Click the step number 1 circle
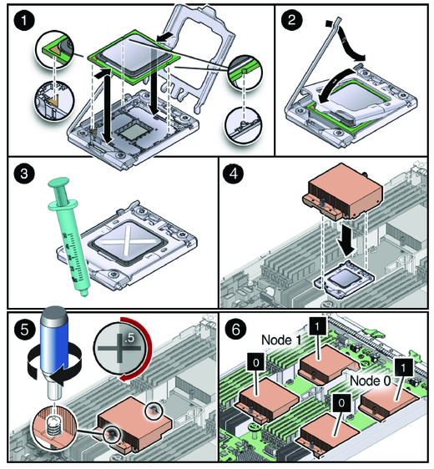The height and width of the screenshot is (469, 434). [24, 21]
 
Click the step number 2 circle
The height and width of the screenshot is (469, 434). [291, 20]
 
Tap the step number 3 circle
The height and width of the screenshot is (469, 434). [24, 174]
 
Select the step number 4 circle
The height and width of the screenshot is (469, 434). [234, 174]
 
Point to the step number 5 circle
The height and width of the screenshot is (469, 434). [24, 330]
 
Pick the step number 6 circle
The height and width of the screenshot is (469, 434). [236, 330]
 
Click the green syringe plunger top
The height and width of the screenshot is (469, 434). [59, 183]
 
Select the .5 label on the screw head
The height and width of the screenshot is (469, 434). [129, 338]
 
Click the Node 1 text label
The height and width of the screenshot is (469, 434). [281, 340]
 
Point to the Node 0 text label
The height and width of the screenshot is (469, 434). [371, 381]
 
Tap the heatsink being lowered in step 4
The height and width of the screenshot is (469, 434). [343, 190]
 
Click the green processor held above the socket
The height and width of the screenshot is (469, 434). [133, 56]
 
